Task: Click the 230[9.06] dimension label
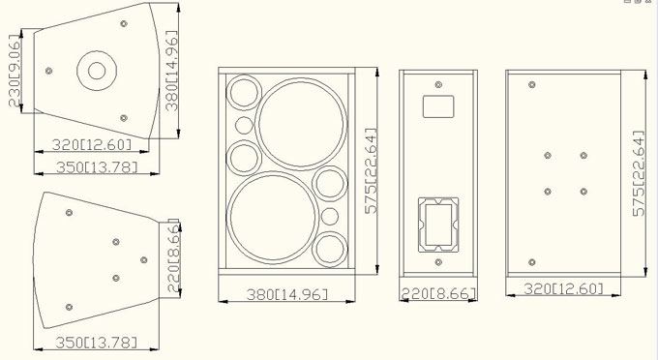point(15,71)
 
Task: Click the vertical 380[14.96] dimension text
point(171,71)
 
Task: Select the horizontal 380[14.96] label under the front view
point(287,294)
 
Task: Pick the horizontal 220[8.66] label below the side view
point(438,293)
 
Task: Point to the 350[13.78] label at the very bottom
point(97,343)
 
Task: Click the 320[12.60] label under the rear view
point(563,288)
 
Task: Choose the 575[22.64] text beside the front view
point(371,171)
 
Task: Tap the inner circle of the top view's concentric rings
point(97,71)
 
